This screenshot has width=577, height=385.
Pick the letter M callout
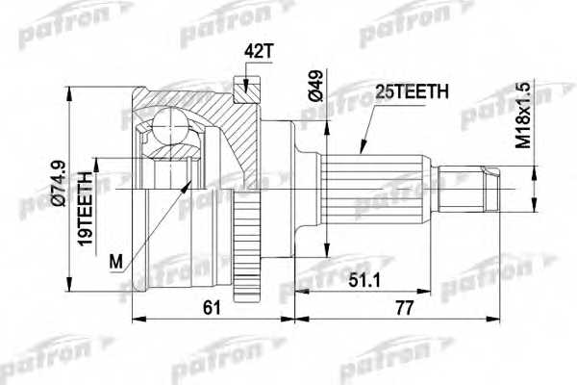point(116,260)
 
